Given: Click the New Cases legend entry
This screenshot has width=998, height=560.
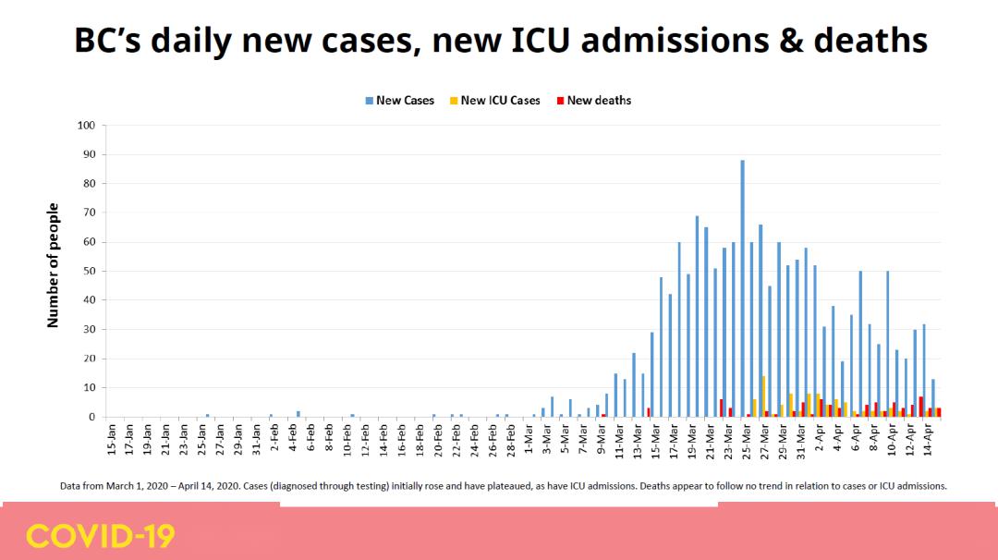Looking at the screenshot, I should click(x=399, y=101).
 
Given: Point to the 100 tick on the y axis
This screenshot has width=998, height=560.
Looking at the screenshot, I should click(x=86, y=126).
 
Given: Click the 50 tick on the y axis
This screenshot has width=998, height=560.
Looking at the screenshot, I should click(x=89, y=271).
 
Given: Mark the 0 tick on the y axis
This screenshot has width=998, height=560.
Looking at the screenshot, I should click(x=91, y=417).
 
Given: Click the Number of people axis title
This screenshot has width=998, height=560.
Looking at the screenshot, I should click(x=54, y=265).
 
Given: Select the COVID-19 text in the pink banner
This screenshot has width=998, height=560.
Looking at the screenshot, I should click(x=100, y=536).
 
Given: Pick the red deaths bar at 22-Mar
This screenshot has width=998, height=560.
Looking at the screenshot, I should click(x=721, y=408).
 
